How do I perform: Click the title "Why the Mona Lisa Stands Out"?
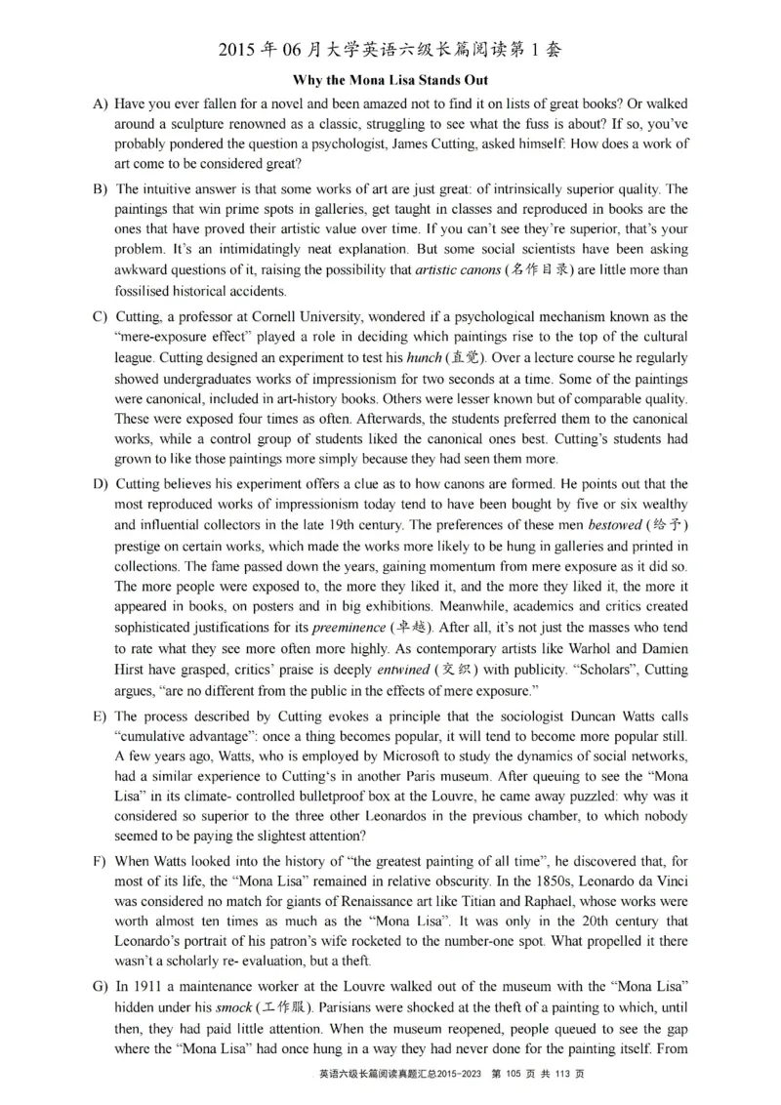point(390,80)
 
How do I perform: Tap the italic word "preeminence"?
point(349,628)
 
